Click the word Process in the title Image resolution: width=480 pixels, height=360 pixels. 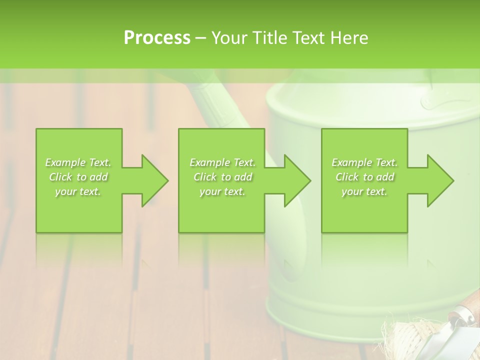157,37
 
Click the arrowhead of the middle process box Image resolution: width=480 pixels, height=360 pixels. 297,180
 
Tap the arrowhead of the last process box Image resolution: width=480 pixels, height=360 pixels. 440,180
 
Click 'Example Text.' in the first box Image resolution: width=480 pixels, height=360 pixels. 78,162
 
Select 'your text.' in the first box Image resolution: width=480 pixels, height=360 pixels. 78,191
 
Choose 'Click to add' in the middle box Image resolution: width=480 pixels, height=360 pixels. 222,177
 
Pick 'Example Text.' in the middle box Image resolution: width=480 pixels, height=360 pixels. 222,162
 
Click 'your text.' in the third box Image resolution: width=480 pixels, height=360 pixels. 364,191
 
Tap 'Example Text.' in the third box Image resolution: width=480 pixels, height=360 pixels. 364,162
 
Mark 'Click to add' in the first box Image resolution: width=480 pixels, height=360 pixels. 78,177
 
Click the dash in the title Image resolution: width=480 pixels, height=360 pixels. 200,37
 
